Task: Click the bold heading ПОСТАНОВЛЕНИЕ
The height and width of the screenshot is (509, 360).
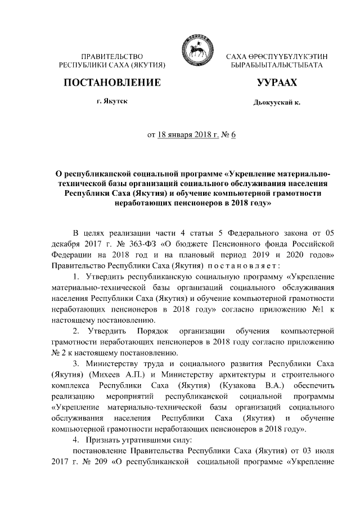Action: click(x=112, y=83)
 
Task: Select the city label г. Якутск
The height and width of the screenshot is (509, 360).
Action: click(x=111, y=102)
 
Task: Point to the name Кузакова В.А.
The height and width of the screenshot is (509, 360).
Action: click(x=261, y=385)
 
